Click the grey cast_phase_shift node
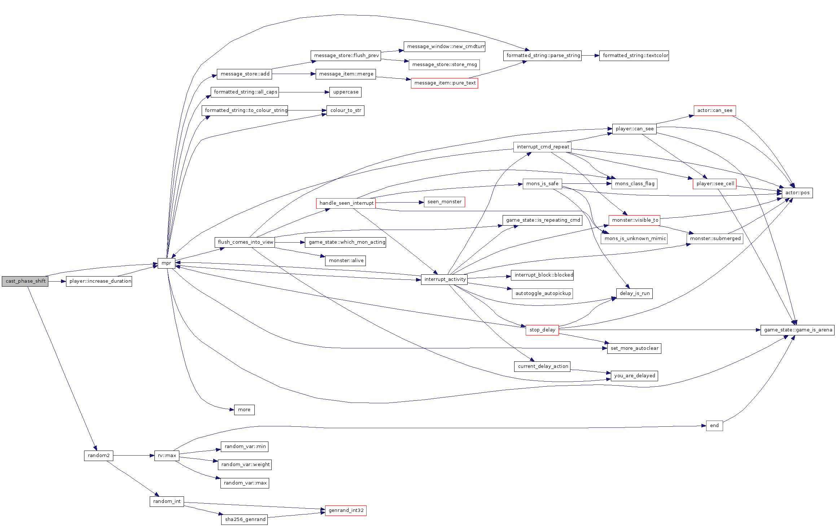pyautogui.click(x=25, y=281)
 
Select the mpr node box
pyautogui.click(x=166, y=263)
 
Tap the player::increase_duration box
pyautogui.click(x=99, y=281)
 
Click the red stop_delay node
pyautogui.click(x=542, y=330)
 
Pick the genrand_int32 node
pyautogui.click(x=346, y=510)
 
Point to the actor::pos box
pyautogui.click(x=797, y=193)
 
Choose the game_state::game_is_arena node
pyautogui.click(x=797, y=330)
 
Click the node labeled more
pyautogui.click(x=244, y=410)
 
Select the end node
pyautogui.click(x=714, y=426)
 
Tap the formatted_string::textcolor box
pyautogui.click(x=634, y=56)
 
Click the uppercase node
pyautogui.click(x=345, y=92)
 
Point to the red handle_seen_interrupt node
pyautogui.click(x=346, y=203)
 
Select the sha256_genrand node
pyautogui.click(x=244, y=520)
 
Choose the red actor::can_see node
pyautogui.click(x=715, y=110)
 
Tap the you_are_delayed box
pyautogui.click(x=634, y=376)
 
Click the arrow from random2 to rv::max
pyautogui.click(x=134, y=456)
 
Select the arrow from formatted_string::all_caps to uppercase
pyautogui.click(x=304, y=92)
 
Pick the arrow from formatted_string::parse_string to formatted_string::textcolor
pyautogui.click(x=590, y=56)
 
